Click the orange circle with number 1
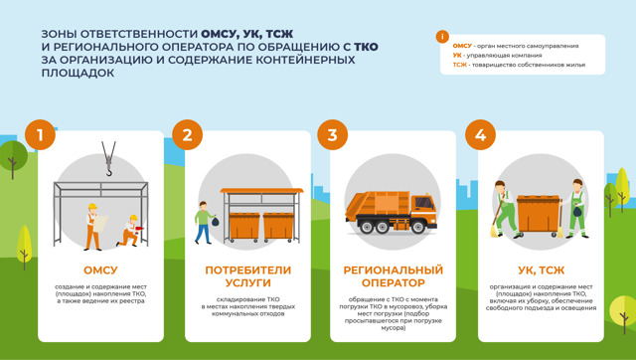(x=40, y=135)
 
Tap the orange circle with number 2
(x=187, y=135)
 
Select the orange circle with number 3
(x=332, y=135)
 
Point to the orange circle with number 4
(x=480, y=135)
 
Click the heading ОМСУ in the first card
(x=99, y=270)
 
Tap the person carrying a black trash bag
(x=204, y=222)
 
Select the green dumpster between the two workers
(x=539, y=214)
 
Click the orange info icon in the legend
(x=442, y=37)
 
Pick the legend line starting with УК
(x=497, y=56)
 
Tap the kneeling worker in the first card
(x=127, y=230)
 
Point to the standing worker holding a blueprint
(x=92, y=226)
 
